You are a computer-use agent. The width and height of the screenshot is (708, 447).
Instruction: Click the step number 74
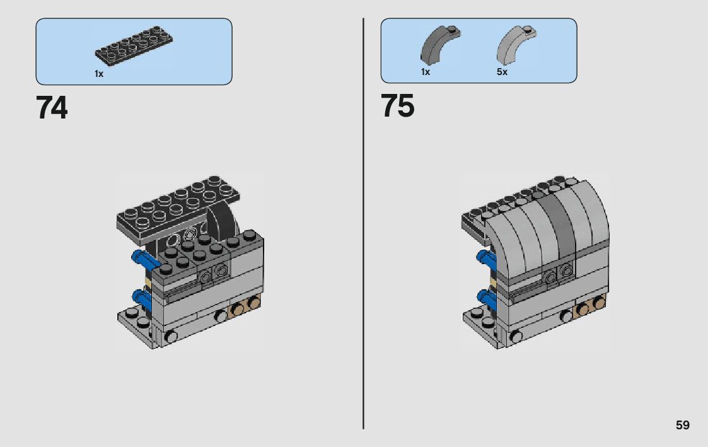pyautogui.click(x=52, y=107)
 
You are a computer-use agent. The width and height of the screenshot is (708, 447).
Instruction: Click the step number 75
pyautogui.click(x=397, y=106)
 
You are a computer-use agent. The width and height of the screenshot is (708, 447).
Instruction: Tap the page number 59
pyautogui.click(x=683, y=425)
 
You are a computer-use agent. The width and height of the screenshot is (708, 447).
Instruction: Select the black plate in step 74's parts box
pyautogui.click(x=134, y=44)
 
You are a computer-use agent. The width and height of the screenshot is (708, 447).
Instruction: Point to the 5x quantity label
pyautogui.click(x=502, y=72)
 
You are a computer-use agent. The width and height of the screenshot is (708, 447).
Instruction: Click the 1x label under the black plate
pyautogui.click(x=99, y=74)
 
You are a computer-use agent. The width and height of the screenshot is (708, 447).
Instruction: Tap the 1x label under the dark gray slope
pyautogui.click(x=426, y=72)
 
